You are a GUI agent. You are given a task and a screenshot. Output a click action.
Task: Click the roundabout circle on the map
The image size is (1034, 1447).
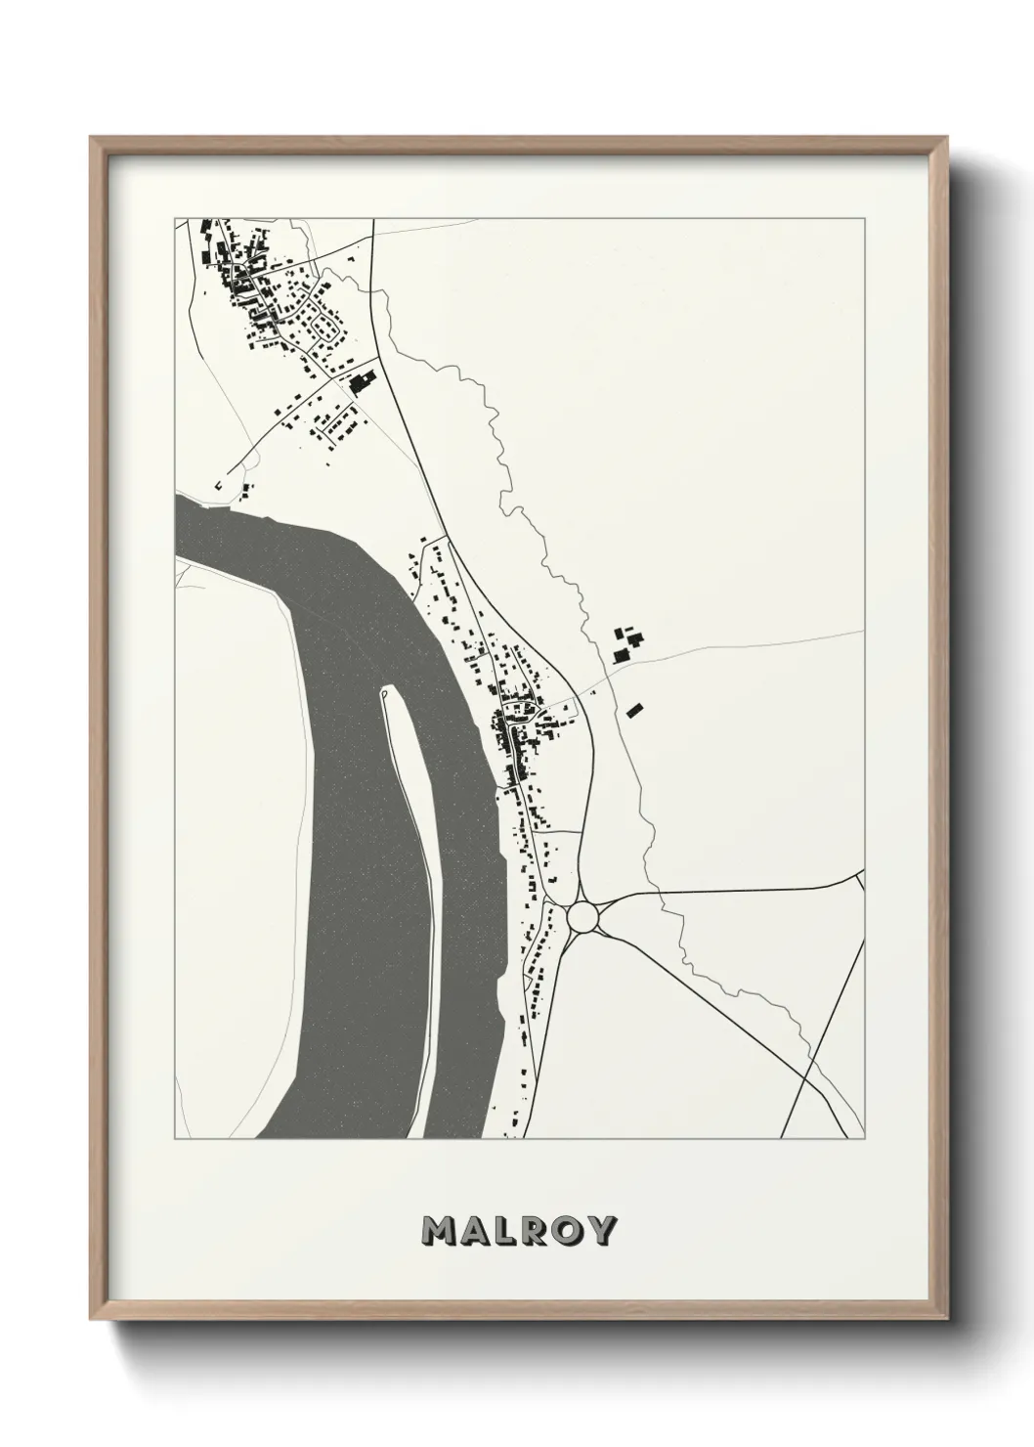(582, 917)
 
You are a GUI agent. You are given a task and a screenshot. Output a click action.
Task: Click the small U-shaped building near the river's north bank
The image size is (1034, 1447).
(218, 483)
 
